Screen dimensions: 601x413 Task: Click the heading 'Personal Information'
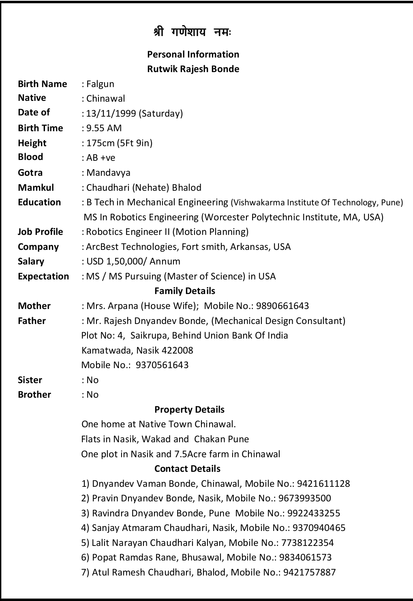click(193, 54)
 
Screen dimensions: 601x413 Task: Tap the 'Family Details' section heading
click(185, 291)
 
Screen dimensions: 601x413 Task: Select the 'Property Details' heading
click(189, 409)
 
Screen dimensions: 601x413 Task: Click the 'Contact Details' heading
click(187, 469)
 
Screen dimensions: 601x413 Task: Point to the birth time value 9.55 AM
click(104, 128)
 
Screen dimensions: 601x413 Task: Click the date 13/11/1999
click(111, 113)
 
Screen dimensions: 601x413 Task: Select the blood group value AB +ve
click(101, 158)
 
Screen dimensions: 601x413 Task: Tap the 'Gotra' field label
click(30, 173)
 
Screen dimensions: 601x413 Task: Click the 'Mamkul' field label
click(36, 188)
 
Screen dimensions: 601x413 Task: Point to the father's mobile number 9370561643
click(162, 365)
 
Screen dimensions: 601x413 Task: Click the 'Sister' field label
click(30, 380)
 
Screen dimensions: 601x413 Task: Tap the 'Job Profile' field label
click(41, 232)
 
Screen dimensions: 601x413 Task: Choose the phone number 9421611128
click(323, 484)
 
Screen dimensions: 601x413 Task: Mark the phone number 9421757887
click(309, 572)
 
